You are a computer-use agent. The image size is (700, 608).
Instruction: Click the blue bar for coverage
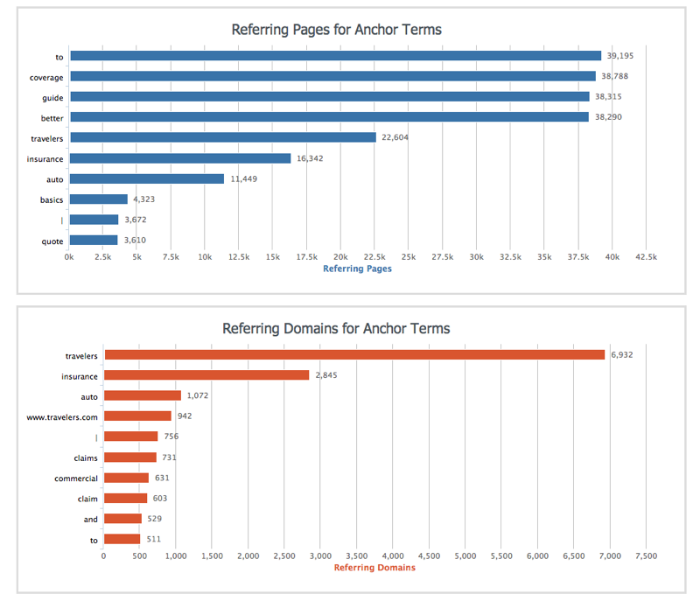(332, 76)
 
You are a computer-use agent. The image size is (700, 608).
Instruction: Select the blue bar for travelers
(222, 137)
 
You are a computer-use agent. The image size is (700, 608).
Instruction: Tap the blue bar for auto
(147, 178)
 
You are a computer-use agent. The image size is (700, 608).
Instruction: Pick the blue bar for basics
(98, 199)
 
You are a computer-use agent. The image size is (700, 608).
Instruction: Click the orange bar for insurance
(206, 375)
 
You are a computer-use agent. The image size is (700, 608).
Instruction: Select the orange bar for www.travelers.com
(137, 416)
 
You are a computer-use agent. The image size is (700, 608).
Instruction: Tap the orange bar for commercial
(126, 478)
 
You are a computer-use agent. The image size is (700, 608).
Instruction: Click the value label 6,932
(624, 355)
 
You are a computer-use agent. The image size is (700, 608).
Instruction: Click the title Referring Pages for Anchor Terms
(337, 30)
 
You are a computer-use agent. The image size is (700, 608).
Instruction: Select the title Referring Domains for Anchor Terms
(337, 329)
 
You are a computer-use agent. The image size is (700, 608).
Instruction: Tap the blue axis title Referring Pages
(357, 269)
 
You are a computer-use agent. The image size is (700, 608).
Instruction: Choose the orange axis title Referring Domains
(375, 568)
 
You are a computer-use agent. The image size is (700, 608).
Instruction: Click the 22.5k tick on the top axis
(374, 257)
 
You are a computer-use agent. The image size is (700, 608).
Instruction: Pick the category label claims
(86, 458)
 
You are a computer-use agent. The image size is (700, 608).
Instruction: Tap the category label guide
(52, 97)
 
